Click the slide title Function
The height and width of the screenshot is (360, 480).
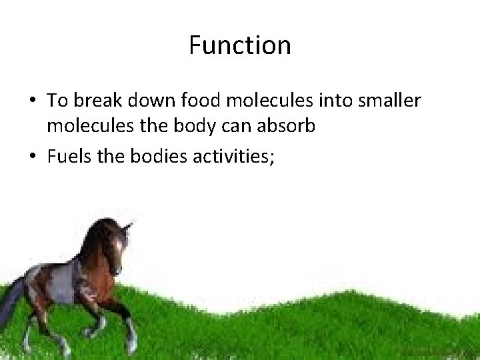240,46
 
